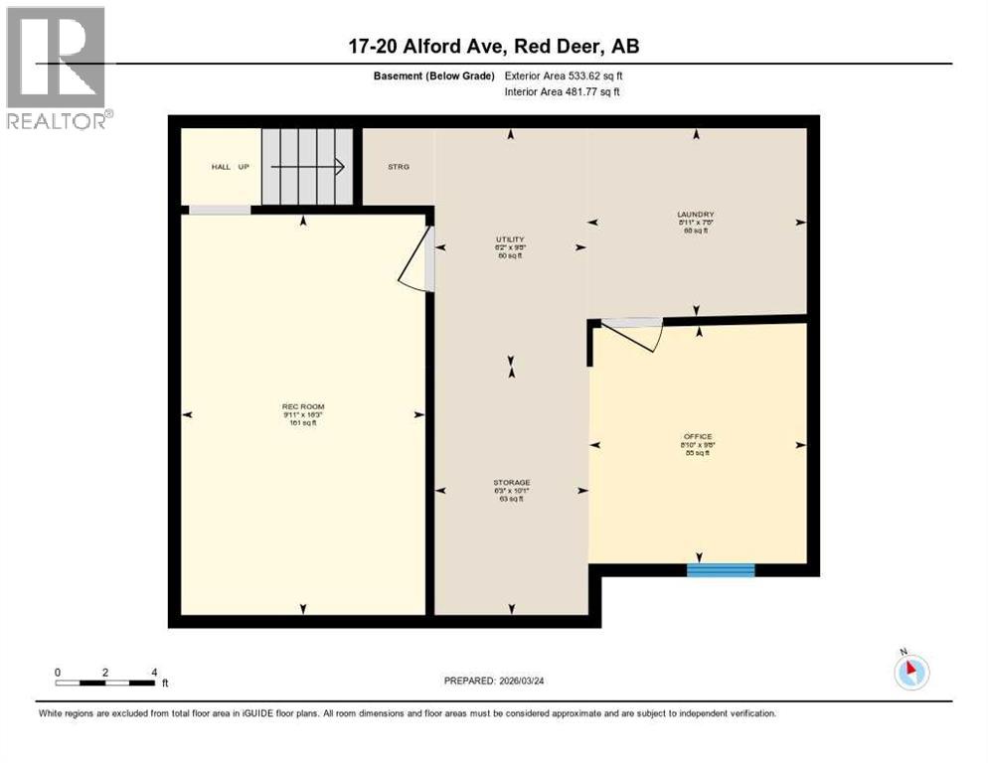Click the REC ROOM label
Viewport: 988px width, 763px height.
303,406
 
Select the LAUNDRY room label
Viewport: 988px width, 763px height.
696,215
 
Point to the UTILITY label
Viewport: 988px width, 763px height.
510,239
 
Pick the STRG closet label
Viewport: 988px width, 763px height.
399,167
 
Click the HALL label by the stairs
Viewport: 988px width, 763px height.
221,167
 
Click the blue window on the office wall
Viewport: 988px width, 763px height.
721,570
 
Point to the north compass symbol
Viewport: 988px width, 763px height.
910,671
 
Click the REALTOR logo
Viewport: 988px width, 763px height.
58,68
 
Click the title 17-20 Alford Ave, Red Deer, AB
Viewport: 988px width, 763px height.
494,46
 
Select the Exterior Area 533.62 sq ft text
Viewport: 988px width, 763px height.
565,76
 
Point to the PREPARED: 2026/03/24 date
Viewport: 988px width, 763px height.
494,681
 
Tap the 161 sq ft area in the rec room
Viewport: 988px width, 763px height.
303,423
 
